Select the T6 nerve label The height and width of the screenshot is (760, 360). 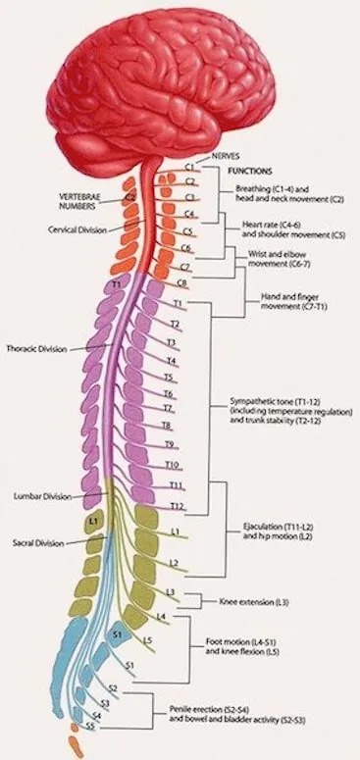coord(169,393)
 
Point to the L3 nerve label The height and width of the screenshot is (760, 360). coord(171,592)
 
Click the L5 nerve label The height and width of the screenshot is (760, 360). coord(146,641)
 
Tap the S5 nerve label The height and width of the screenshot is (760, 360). coord(90,727)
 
